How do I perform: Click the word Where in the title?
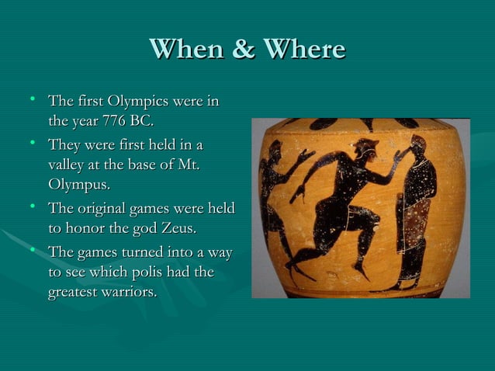304,50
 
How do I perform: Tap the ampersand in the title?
244,50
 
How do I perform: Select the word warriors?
126,293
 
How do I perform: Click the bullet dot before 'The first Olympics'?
32,100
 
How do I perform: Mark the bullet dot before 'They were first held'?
32,144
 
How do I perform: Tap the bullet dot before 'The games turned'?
32,251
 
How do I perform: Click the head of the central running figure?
365,150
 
